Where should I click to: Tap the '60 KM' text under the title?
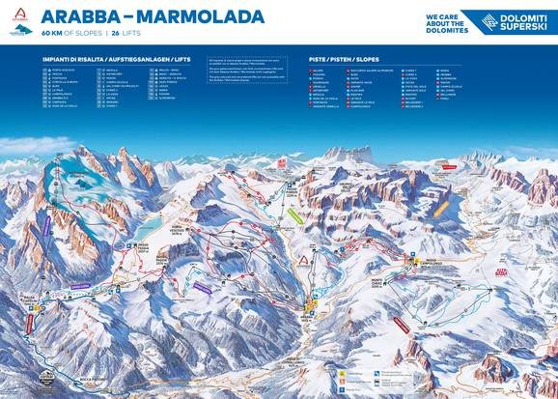pos(55,32)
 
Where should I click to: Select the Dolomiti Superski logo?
pos(511,20)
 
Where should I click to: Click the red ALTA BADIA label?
pos(501,274)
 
